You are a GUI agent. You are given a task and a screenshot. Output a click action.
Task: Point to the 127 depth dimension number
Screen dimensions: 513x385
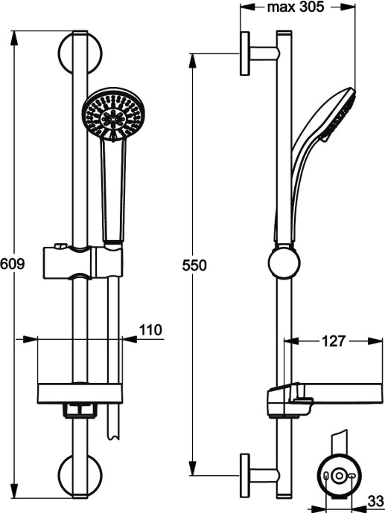click(333, 341)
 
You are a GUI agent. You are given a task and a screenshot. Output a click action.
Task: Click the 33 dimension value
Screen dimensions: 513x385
click(376, 500)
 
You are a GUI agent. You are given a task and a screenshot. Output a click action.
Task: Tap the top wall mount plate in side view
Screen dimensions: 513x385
click(244, 53)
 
